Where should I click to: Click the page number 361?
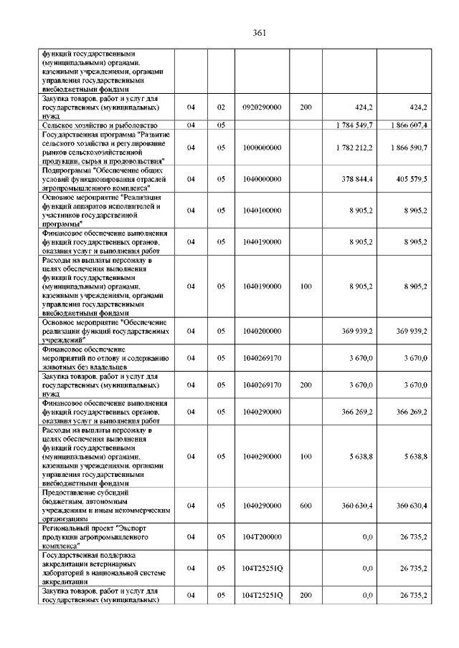260,32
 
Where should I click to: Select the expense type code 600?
306,506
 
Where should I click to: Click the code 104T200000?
262,536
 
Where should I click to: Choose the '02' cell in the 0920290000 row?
221,107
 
